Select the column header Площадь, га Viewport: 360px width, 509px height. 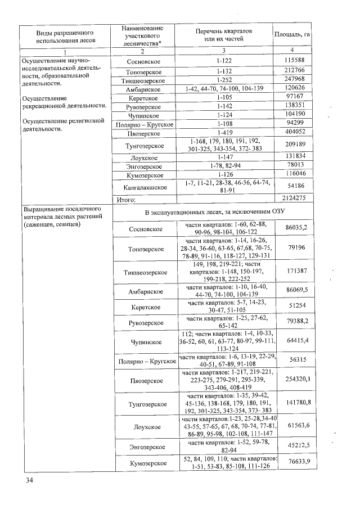pyautogui.click(x=292, y=35)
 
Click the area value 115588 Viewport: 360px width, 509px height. pyautogui.click(x=294, y=60)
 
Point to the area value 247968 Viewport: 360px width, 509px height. pyautogui.click(x=294, y=80)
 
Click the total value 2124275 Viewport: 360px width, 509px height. pyautogui.click(x=295, y=198)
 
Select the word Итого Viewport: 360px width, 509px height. pyautogui.click(x=127, y=199)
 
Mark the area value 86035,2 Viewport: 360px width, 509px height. pyautogui.click(x=295, y=227)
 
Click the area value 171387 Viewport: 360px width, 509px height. pyautogui.click(x=296, y=271)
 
